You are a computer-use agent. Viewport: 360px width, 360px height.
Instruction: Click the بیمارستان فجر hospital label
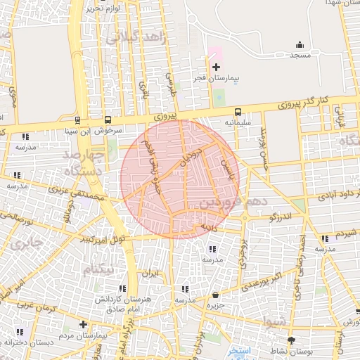[216, 79]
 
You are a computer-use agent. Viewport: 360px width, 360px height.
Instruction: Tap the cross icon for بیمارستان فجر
[216, 67]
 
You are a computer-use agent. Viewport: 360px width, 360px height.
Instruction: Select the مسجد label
[300, 54]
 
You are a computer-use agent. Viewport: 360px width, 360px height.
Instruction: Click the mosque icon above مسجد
[300, 44]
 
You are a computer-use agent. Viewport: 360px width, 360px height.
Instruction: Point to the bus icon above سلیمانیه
[238, 111]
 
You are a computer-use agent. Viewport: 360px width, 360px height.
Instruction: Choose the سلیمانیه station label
[238, 122]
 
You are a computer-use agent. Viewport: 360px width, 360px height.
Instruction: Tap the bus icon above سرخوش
[108, 120]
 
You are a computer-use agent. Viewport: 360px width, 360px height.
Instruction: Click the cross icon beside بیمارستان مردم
[83, 324]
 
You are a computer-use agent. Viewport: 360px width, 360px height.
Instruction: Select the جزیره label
[214, 306]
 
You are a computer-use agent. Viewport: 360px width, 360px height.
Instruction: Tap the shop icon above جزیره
[214, 295]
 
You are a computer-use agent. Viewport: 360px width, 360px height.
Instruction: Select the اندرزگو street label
[282, 217]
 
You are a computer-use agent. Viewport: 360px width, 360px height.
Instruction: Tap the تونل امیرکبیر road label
[103, 239]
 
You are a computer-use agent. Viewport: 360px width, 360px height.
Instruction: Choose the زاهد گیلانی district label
[136, 37]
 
